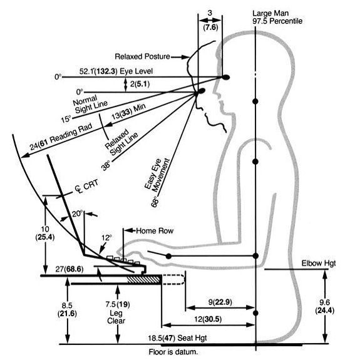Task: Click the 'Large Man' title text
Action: [270, 14]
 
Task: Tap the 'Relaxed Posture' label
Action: [142, 56]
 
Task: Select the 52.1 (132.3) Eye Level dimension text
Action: [116, 71]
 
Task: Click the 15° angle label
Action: [66, 119]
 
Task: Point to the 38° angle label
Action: [106, 165]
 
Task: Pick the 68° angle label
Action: [155, 202]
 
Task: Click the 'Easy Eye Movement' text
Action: [157, 175]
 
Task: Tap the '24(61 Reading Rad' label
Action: [61, 137]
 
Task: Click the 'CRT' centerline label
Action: [87, 186]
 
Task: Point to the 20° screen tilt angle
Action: [77, 213]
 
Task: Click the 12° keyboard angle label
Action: [106, 238]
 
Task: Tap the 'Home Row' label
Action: [155, 231]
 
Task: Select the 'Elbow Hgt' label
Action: [319, 264]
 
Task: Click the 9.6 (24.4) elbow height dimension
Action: [324, 306]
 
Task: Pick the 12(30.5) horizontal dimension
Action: [208, 319]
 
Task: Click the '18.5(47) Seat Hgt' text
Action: [177, 338]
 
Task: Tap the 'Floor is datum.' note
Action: [173, 352]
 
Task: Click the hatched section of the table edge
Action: [144, 280]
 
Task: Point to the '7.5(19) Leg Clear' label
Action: [117, 312]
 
